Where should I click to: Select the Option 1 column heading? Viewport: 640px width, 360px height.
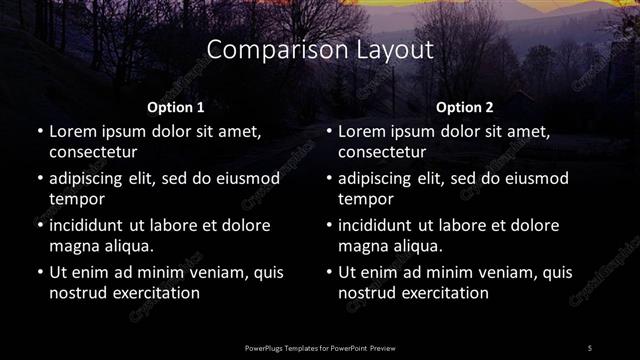[176, 107]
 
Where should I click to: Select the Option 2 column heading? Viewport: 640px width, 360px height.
[465, 107]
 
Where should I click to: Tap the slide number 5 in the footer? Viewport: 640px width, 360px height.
[589, 347]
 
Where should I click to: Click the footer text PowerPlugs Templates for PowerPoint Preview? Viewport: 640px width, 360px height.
[319, 347]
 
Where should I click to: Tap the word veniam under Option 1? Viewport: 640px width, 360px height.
[212, 272]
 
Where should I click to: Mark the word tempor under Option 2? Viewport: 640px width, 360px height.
[364, 199]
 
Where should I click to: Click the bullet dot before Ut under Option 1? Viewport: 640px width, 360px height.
[39, 272]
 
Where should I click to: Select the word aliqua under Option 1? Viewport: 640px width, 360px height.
[127, 246]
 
